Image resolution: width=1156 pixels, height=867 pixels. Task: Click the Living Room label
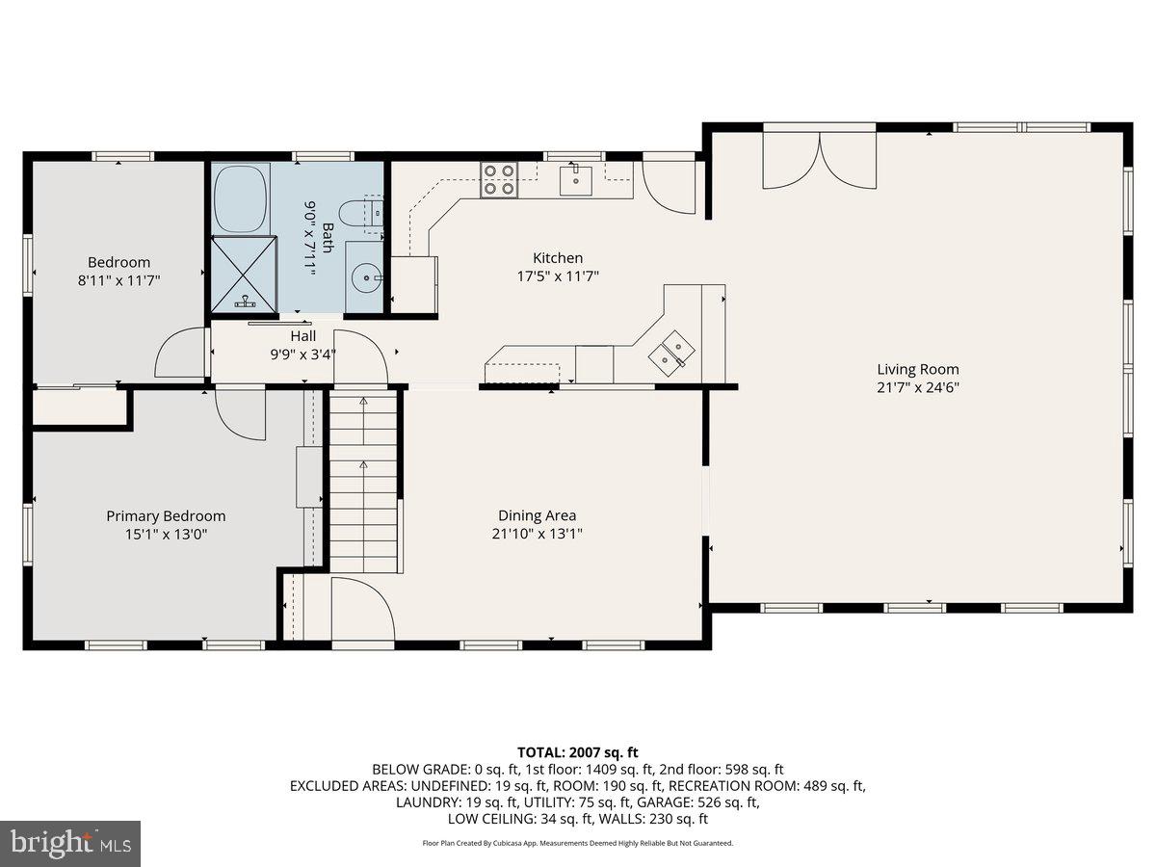click(x=917, y=369)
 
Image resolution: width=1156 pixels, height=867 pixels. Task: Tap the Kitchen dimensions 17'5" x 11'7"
click(x=558, y=276)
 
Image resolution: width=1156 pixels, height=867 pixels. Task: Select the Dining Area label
click(x=537, y=515)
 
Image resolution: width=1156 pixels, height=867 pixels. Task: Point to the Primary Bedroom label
click(x=166, y=515)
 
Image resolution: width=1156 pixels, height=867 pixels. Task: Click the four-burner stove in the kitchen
click(x=498, y=179)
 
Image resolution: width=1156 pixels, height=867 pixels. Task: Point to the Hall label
click(x=303, y=336)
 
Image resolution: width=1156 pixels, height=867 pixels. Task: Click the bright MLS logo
click(x=70, y=844)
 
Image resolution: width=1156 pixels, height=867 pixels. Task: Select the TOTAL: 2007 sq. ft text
click(x=578, y=752)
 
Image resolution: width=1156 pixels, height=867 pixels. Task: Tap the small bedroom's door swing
click(x=181, y=353)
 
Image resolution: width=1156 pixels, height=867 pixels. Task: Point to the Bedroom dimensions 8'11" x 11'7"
click(x=119, y=279)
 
